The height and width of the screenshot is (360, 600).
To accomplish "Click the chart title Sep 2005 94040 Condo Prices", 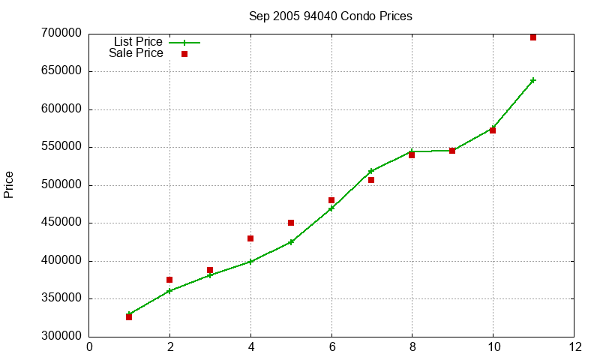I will (331, 16).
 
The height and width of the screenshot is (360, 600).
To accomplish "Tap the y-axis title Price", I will (9, 184).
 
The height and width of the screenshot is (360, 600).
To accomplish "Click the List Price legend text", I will (138, 42).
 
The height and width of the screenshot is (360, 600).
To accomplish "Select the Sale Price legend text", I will (136, 53).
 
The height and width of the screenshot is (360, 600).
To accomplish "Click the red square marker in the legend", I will (184, 54).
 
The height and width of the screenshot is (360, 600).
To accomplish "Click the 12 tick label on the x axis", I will (574, 347).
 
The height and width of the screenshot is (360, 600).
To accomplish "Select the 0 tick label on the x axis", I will (90, 347).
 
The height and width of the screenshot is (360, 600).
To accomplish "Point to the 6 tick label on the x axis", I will (331, 347).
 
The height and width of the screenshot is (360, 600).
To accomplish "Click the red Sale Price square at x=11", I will (533, 37).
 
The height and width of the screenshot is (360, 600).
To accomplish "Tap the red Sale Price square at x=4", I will (250, 238).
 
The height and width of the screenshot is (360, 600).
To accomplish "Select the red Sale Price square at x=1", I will (129, 317).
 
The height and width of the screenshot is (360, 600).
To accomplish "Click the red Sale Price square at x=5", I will (291, 223).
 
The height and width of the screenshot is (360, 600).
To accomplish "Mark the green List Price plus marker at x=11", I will (533, 80).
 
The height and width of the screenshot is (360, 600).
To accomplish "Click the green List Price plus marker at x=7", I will (371, 171).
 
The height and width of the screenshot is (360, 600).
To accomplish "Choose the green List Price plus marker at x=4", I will (250, 262).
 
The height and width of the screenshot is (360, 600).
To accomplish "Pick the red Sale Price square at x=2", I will (169, 280).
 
